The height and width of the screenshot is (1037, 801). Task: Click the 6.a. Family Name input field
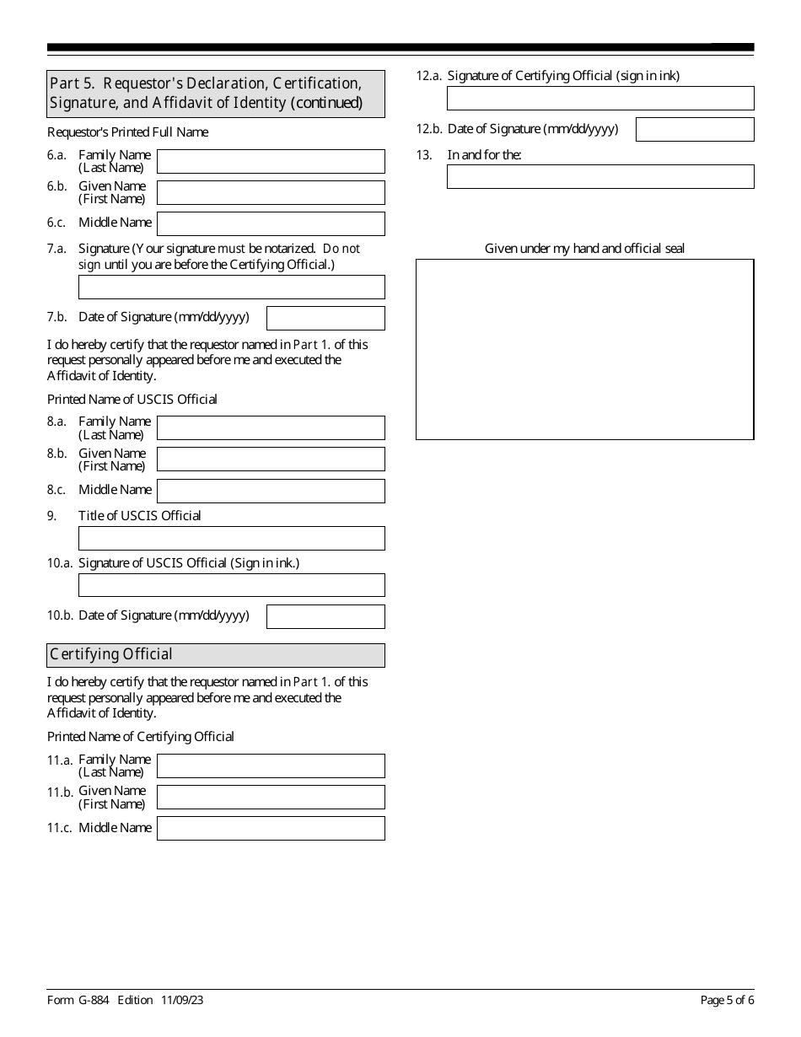point(271,161)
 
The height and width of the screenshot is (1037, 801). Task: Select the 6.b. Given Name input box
point(271,192)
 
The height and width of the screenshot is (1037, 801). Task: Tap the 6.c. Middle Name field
point(271,223)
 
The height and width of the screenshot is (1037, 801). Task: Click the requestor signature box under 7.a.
point(231,287)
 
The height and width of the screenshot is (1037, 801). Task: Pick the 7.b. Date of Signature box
point(325,318)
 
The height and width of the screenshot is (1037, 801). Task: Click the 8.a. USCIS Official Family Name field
point(271,427)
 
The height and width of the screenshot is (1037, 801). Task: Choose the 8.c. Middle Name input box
point(271,491)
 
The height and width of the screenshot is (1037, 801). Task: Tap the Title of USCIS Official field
point(231,538)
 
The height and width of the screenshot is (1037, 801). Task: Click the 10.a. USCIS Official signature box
point(231,585)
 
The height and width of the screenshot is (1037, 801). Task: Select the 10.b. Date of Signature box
point(325,616)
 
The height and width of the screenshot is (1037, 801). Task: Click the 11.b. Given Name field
point(271,797)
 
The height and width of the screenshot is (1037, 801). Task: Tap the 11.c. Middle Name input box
point(271,828)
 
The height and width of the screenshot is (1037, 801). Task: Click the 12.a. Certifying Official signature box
point(600,98)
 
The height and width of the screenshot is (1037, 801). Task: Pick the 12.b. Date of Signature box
point(695,129)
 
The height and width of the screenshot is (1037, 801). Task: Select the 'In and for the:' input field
point(600,176)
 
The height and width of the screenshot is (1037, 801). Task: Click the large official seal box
point(584,349)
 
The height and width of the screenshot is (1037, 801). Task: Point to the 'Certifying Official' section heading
point(111,654)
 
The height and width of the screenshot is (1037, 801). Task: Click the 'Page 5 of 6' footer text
point(727,1001)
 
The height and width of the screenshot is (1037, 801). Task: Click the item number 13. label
point(423,155)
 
